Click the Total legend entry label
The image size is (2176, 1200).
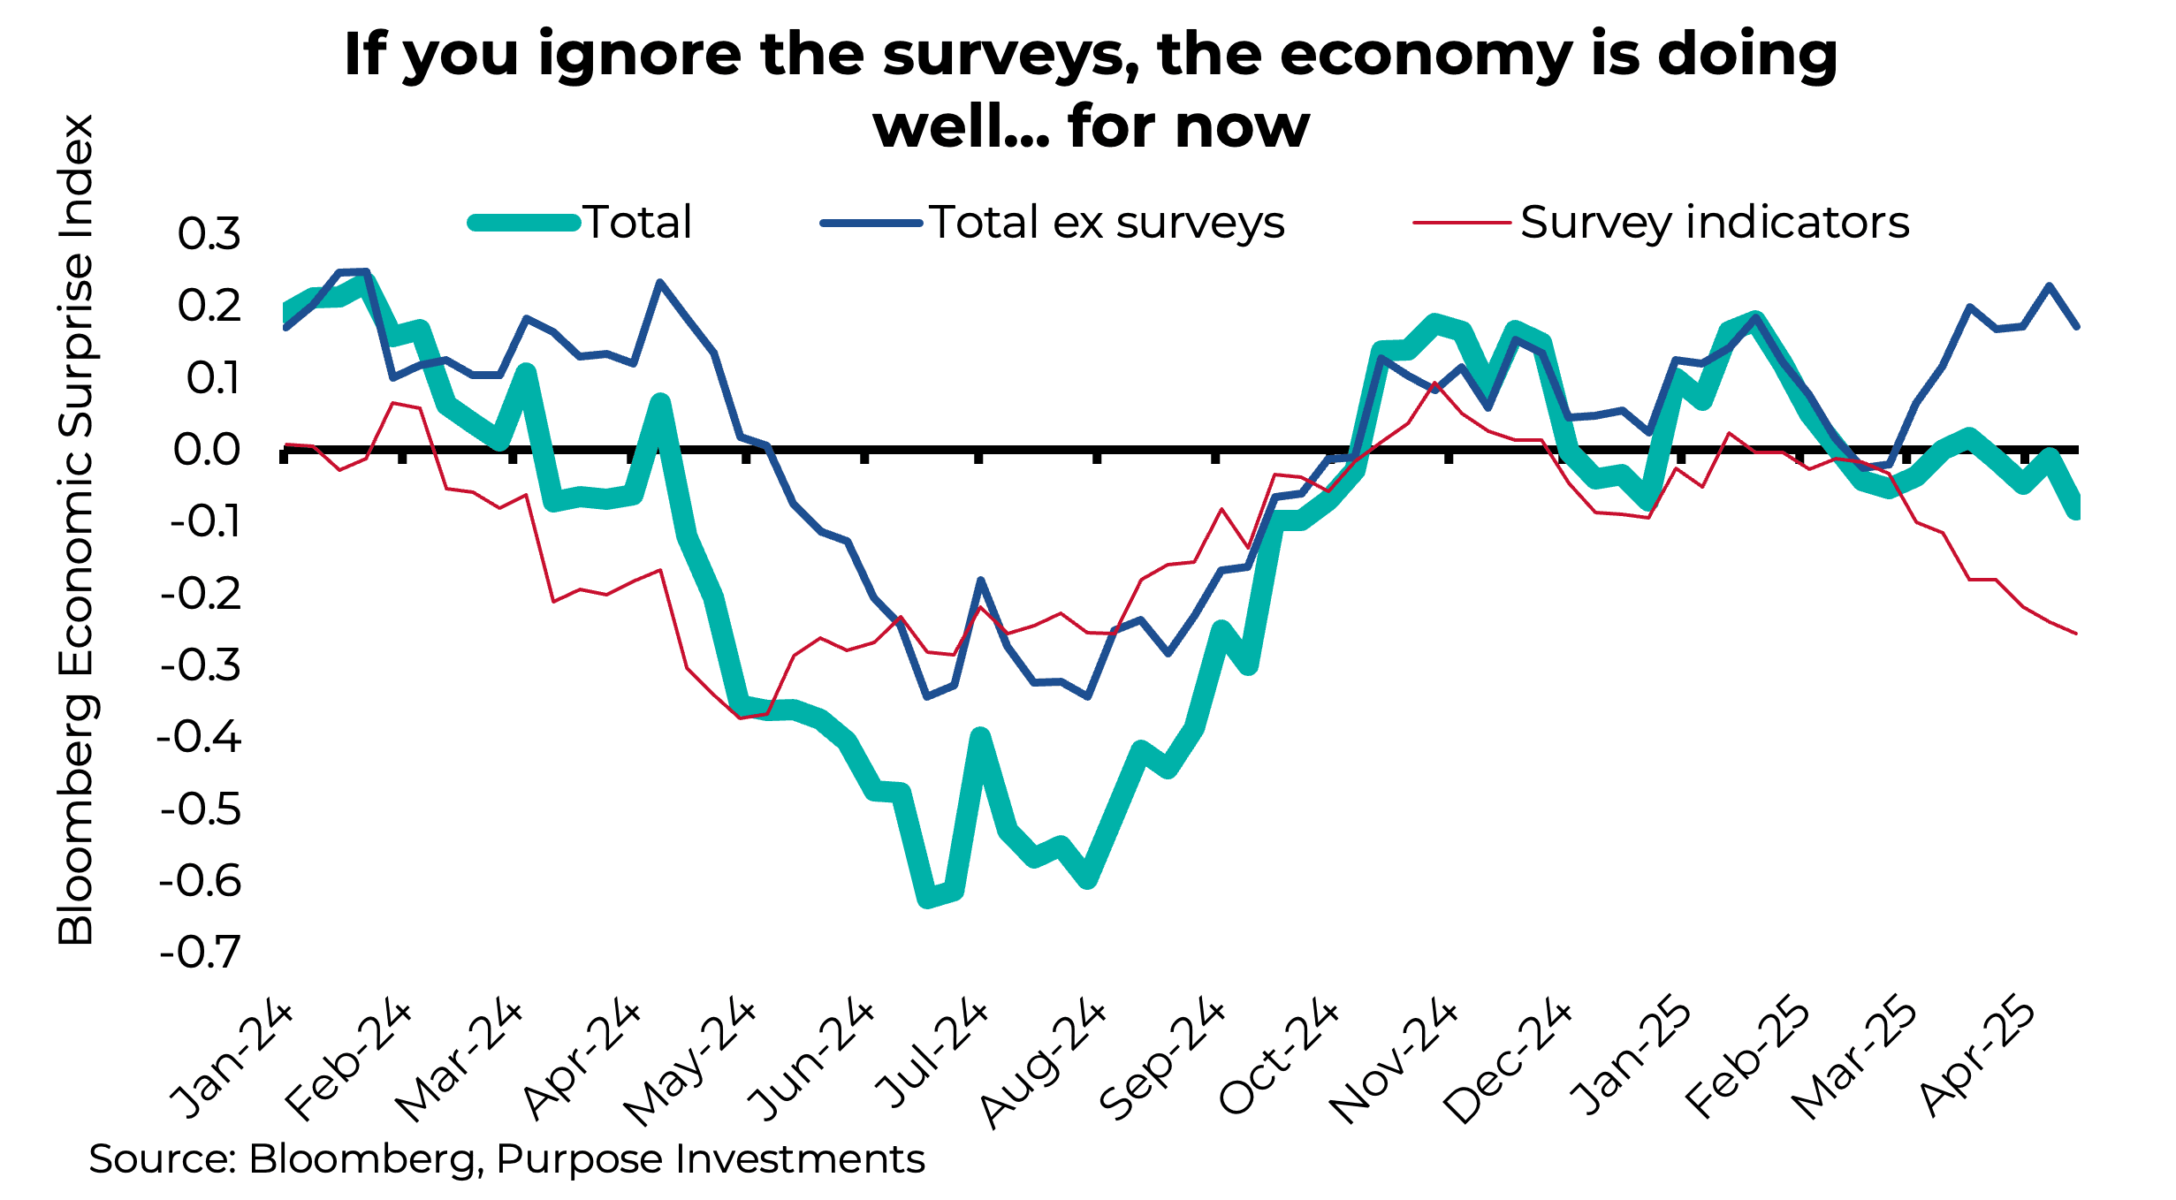coord(637,222)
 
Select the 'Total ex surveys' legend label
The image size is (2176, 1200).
coord(1107,222)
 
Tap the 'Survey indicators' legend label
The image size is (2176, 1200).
coord(1715,222)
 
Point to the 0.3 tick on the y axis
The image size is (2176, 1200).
coord(209,234)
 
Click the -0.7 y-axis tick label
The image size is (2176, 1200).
coord(200,953)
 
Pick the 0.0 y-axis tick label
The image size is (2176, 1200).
coord(207,450)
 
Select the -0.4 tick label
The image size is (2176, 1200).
coord(200,737)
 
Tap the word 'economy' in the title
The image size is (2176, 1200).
coord(1425,55)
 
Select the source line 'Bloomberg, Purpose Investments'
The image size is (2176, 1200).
coord(586,1158)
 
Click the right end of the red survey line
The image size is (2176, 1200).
coord(2075,633)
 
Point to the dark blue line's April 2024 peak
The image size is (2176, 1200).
coord(659,283)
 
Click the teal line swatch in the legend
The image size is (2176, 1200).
coord(523,223)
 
